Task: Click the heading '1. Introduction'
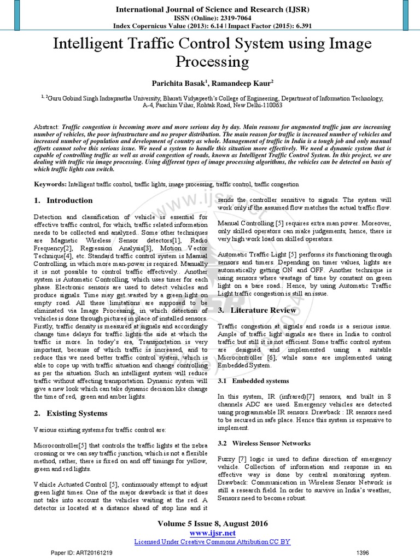63,201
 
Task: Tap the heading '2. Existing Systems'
71,413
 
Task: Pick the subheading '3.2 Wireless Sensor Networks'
264,443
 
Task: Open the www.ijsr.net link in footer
212,533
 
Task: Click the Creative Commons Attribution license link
212,541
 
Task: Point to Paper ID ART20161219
82,553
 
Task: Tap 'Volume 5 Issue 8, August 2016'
212,523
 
